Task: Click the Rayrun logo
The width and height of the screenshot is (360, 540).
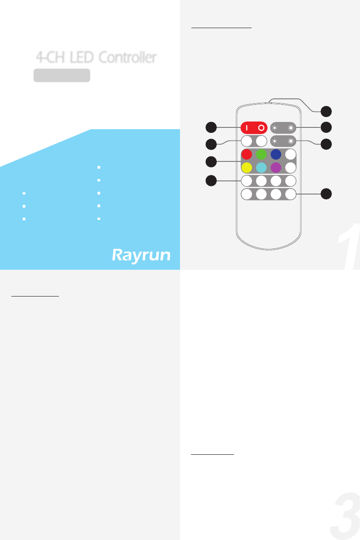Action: pos(141,255)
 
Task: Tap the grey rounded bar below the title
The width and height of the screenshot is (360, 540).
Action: pos(62,76)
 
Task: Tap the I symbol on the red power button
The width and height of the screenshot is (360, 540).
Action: pos(248,128)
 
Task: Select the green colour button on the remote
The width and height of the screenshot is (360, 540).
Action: pos(261,154)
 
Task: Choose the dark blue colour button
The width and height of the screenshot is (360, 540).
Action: pos(276,154)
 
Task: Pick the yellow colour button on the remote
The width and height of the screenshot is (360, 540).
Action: pos(247,168)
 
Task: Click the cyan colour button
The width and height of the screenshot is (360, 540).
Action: pos(261,168)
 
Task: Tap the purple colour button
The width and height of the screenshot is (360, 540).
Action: pos(276,168)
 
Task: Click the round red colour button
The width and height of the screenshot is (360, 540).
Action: pos(247,154)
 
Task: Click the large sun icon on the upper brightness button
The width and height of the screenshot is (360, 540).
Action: pos(291,128)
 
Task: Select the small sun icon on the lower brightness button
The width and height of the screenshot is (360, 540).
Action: pos(275,141)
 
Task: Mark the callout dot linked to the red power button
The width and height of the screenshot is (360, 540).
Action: pos(210,127)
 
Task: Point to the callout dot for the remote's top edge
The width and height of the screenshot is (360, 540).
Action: pos(326,111)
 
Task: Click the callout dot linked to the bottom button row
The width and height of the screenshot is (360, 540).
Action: pos(326,194)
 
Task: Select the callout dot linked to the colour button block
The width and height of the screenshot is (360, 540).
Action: pos(210,161)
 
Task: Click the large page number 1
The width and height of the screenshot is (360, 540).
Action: pos(350,247)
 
